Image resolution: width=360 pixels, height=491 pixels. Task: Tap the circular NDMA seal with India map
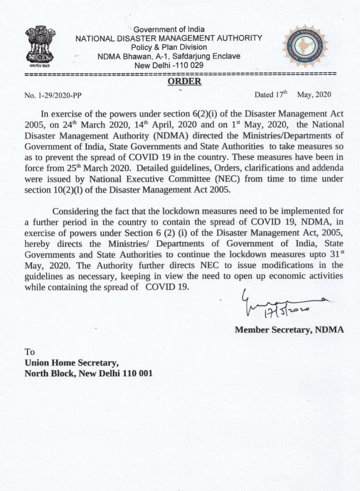[x=304, y=47]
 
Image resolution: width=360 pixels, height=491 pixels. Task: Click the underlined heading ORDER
[x=184, y=81]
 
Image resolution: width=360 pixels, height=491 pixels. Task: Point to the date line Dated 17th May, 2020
[x=292, y=94]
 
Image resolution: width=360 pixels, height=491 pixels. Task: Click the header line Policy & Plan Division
[x=169, y=47]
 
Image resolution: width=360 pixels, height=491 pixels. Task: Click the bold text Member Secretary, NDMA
[x=289, y=330]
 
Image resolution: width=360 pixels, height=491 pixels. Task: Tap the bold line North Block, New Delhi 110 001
[x=88, y=373]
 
